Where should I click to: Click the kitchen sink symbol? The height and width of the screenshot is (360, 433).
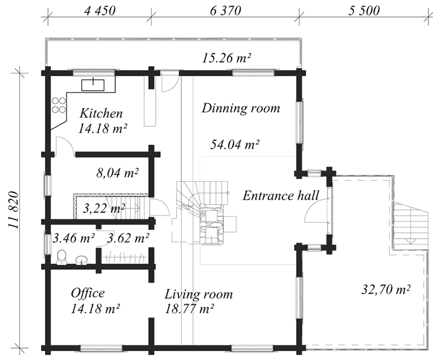[x=93, y=85]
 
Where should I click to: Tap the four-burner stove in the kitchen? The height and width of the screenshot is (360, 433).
[x=59, y=106]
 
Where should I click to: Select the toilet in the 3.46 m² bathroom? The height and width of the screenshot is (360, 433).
[x=61, y=257]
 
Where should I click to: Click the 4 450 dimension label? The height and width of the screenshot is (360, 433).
[x=100, y=11]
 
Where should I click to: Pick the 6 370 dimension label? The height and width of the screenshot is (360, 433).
[x=226, y=11]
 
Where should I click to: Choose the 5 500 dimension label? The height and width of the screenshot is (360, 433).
[x=364, y=11]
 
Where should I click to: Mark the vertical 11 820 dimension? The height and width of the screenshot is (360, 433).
[x=14, y=210]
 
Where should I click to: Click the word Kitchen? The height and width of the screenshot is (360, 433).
[x=101, y=113]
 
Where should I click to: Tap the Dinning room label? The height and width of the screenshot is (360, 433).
[x=241, y=108]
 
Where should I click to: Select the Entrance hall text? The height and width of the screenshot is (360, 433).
[x=281, y=196]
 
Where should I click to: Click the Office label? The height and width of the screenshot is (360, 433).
[x=88, y=293]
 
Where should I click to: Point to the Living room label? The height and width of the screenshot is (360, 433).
[x=198, y=295]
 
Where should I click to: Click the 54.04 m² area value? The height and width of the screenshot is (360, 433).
[x=235, y=144]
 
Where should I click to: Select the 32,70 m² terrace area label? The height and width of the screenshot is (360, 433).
[x=386, y=289]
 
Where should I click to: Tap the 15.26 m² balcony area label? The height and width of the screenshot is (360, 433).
[x=227, y=58]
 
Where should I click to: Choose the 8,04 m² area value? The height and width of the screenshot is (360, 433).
[x=117, y=173]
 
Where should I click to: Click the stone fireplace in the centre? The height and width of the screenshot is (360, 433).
[x=211, y=225]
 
